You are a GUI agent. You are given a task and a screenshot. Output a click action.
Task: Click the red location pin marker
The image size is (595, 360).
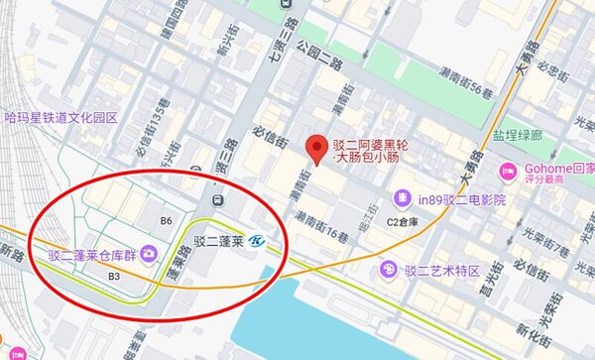pyautogui.click(x=317, y=148)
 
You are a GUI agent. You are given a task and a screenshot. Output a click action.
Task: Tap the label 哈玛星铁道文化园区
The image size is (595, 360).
pyautogui.click(x=61, y=118)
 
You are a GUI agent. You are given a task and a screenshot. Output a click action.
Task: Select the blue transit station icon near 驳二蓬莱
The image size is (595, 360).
pyautogui.click(x=258, y=240)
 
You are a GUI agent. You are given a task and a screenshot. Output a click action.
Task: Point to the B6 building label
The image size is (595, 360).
pyautogui.click(x=166, y=220)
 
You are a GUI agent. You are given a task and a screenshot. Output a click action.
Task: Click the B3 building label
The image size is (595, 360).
pyautogui.click(x=114, y=275)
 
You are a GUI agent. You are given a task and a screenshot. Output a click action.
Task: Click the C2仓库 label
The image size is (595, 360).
pyautogui.click(x=405, y=221)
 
